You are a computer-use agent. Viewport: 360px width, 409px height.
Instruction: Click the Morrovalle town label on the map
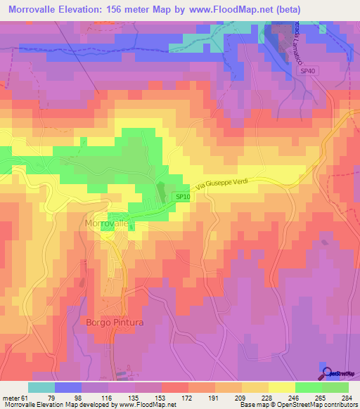click(107, 223)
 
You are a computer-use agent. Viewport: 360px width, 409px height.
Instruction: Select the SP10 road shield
click(182, 197)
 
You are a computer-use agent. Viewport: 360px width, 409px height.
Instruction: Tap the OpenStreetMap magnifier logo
click(326, 372)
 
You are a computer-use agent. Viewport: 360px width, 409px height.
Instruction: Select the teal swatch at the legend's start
click(41, 387)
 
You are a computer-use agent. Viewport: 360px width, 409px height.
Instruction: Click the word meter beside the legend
click(8, 397)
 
